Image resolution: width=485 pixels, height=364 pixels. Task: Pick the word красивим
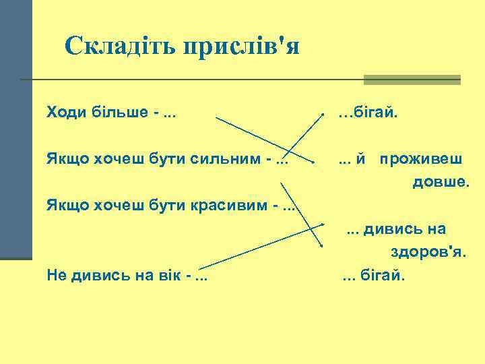point(236,204)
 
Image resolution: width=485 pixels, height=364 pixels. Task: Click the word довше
point(434,182)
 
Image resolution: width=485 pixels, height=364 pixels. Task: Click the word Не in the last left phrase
point(57,274)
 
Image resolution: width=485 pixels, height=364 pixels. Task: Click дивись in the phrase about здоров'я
point(387,229)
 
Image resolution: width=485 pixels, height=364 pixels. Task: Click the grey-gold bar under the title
point(412,80)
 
